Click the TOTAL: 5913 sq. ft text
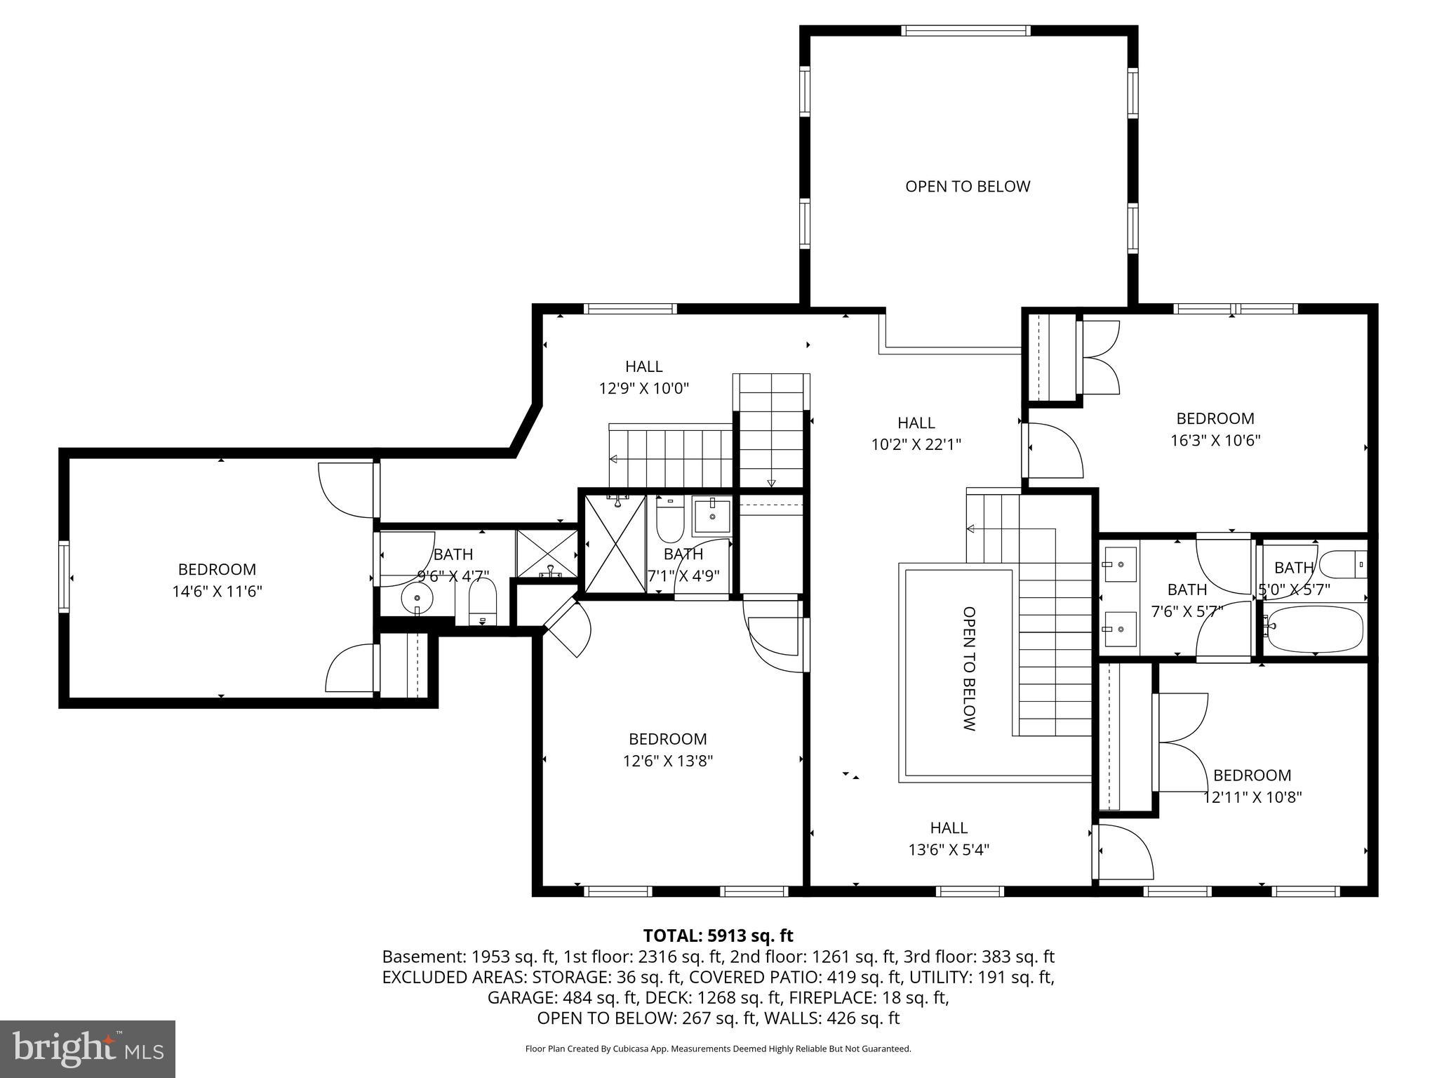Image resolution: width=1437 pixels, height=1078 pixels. pyautogui.click(x=718, y=936)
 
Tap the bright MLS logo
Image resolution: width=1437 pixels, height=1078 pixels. pyautogui.click(x=88, y=1049)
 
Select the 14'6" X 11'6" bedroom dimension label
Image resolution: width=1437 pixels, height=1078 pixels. pyautogui.click(x=217, y=591)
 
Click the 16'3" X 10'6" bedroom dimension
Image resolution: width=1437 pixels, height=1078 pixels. pyautogui.click(x=1215, y=440)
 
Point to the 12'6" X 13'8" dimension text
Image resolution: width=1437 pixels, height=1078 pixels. pyautogui.click(x=668, y=761)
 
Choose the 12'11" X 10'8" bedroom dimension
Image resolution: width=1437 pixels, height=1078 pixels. pyautogui.click(x=1252, y=797)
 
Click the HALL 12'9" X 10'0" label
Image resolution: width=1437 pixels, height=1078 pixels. pyautogui.click(x=644, y=377)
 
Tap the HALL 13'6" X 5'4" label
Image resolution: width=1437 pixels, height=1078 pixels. pyautogui.click(x=949, y=839)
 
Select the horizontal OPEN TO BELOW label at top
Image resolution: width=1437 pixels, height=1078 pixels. pyautogui.click(x=968, y=186)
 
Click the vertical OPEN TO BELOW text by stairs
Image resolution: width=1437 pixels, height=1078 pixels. pyautogui.click(x=969, y=669)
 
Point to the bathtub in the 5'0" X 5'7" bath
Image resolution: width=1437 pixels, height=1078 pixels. pyautogui.click(x=1314, y=629)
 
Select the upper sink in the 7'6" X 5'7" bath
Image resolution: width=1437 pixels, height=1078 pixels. pyautogui.click(x=1120, y=564)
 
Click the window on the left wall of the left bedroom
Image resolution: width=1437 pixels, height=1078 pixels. pyautogui.click(x=64, y=577)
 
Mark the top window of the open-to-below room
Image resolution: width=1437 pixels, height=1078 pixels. pyautogui.click(x=966, y=30)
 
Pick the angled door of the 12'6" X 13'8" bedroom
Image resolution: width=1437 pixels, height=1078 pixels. pyautogui.click(x=567, y=625)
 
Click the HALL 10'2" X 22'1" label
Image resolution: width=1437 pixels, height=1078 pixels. pyautogui.click(x=916, y=433)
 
